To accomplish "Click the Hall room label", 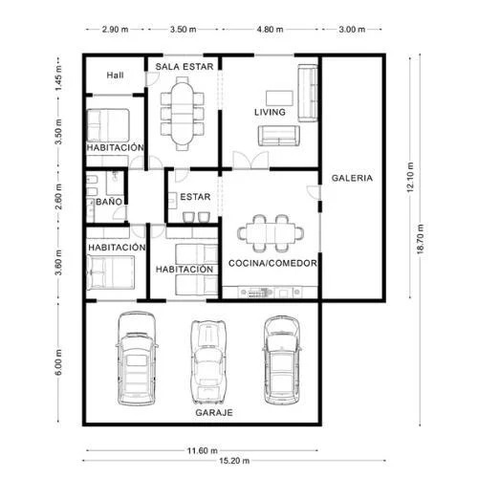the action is (115, 76).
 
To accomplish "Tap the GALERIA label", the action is (352, 178).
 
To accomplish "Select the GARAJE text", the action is (214, 413).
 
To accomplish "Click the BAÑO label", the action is (109, 202).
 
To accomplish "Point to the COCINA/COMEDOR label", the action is (272, 263).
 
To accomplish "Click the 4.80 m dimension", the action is (270, 30).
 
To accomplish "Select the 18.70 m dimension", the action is (421, 239).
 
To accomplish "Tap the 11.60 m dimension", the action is (203, 450).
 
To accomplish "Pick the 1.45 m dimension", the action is (58, 78).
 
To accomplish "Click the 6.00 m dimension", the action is (58, 362).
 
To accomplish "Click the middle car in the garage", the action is (208, 362).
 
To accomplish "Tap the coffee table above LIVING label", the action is (279, 98).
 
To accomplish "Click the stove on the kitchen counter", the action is (257, 293).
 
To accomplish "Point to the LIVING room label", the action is (270, 112).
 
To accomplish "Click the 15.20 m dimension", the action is (234, 461).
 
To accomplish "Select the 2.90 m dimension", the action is (115, 30).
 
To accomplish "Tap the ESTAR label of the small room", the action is (195, 197).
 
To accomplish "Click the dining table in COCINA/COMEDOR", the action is (271, 233).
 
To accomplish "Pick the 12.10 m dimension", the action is (410, 178).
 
